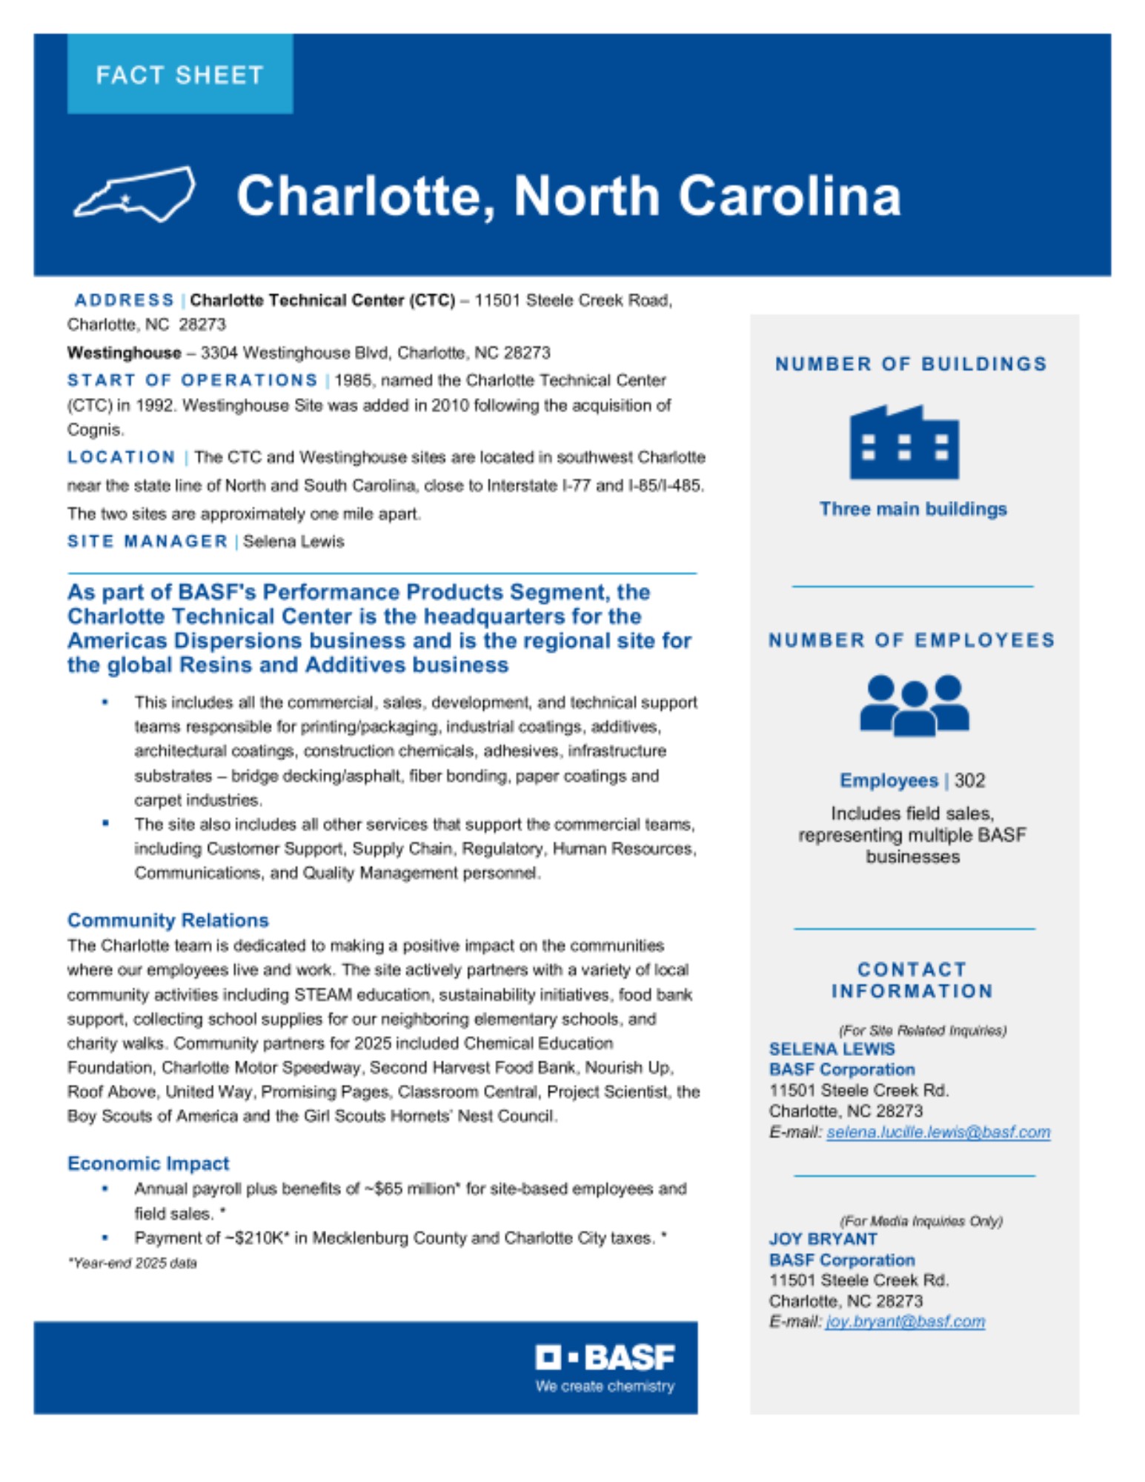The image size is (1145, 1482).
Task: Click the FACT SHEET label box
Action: pyautogui.click(x=179, y=74)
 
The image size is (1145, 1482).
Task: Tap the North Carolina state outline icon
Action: pyautogui.click(x=134, y=194)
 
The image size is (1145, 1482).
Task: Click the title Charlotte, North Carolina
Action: pyautogui.click(x=568, y=196)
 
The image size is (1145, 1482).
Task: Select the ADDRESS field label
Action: pyautogui.click(x=124, y=300)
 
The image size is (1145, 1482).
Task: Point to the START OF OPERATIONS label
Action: pyautogui.click(x=192, y=380)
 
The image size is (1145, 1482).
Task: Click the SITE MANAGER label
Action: pyautogui.click(x=147, y=542)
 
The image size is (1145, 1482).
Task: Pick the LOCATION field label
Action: pyautogui.click(x=121, y=457)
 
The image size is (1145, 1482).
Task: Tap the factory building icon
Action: pyautogui.click(x=903, y=442)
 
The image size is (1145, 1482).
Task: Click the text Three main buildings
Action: pyautogui.click(x=912, y=509)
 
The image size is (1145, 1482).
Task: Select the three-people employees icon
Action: pyautogui.click(x=913, y=705)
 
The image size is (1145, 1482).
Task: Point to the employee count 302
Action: pyautogui.click(x=969, y=780)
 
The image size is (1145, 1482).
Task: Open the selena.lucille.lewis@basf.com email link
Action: pyautogui.click(x=937, y=1132)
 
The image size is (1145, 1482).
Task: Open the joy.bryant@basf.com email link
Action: pyautogui.click(x=905, y=1322)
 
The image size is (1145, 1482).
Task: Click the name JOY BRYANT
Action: pyautogui.click(x=823, y=1239)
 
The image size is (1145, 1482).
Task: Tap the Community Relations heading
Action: pyautogui.click(x=167, y=920)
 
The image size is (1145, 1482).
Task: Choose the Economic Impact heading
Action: pyautogui.click(x=148, y=1163)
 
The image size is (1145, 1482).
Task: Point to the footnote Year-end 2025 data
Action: pyautogui.click(x=133, y=1263)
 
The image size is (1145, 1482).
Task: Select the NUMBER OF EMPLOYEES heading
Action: pyautogui.click(x=912, y=640)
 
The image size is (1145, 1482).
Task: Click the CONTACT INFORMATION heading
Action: pyautogui.click(x=912, y=980)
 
